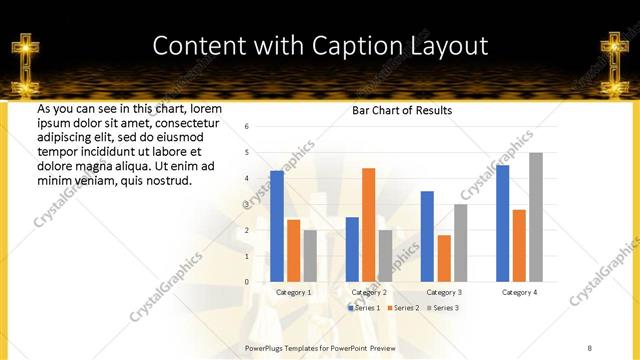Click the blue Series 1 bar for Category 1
(x=277, y=226)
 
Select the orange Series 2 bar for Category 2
(x=369, y=225)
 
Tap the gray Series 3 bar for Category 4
(x=536, y=217)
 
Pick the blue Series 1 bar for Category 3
(x=427, y=236)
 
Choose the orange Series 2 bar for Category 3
(x=444, y=258)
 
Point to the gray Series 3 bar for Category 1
(x=310, y=256)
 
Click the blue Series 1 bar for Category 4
(x=503, y=223)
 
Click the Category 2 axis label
(x=369, y=292)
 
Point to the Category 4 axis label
(x=519, y=292)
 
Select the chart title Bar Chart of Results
(x=402, y=110)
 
